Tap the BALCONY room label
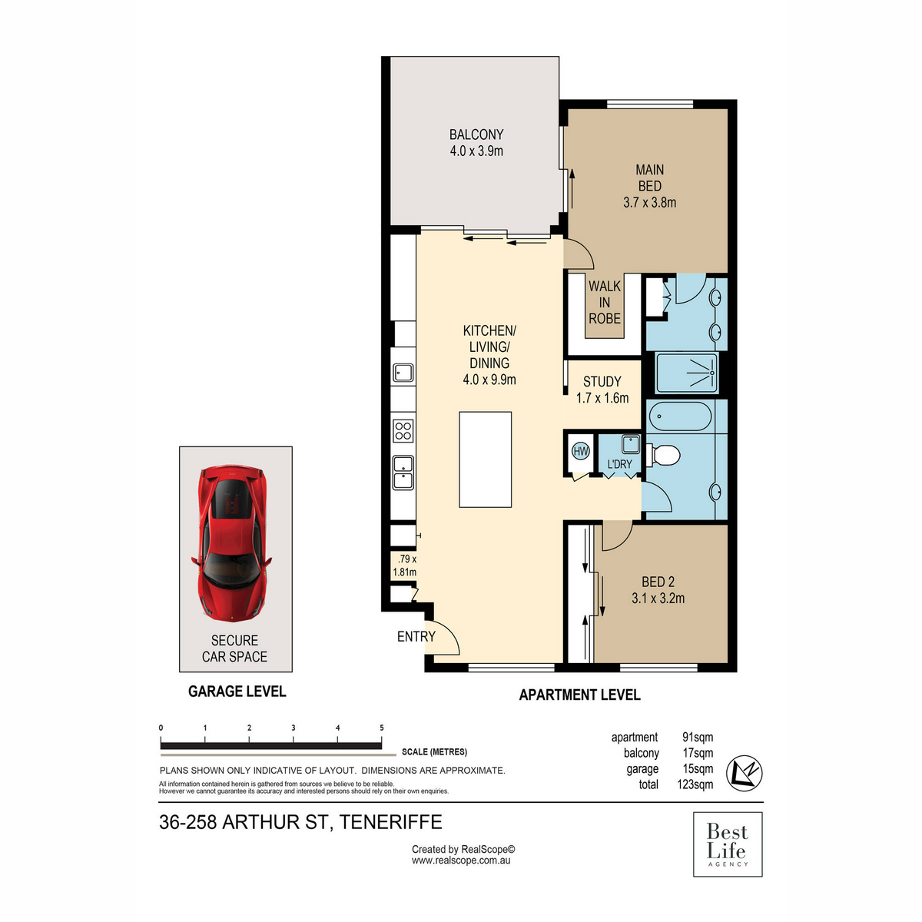[x=476, y=143]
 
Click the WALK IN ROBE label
[x=605, y=302]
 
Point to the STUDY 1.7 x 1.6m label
[x=602, y=390]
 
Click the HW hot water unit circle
[x=581, y=452]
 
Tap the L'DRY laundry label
[x=619, y=464]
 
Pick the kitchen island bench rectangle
[x=486, y=459]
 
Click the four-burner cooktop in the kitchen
[x=403, y=430]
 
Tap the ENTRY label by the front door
[x=416, y=636]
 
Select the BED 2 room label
[x=658, y=590]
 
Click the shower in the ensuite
[x=687, y=373]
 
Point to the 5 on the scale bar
[x=382, y=728]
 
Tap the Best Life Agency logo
[x=727, y=844]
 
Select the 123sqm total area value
[x=695, y=784]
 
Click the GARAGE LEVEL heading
[x=237, y=691]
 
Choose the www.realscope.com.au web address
[x=461, y=861]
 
